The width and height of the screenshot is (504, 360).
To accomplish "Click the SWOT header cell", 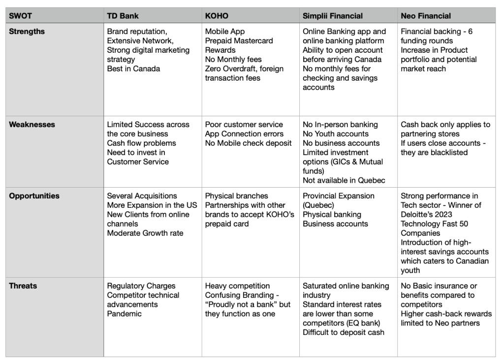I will pyautogui.click(x=20, y=16).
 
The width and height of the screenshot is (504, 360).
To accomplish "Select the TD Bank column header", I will pyautogui.click(x=123, y=16).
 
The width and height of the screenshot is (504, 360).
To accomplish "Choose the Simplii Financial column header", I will pyautogui.click(x=333, y=16).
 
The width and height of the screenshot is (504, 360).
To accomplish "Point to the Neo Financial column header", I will pyautogui.click(x=426, y=16).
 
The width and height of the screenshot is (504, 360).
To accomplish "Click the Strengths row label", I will pyautogui.click(x=27, y=32).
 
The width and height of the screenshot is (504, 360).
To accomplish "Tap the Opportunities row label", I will pyautogui.click(x=34, y=196).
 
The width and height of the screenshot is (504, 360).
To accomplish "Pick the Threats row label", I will pyautogui.click(x=23, y=286).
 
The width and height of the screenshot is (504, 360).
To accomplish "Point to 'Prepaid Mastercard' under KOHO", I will pyautogui.click(x=239, y=41).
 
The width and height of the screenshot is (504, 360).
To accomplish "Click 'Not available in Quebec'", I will pyautogui.click(x=344, y=181).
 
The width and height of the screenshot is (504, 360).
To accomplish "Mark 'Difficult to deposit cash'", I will pyautogui.click(x=344, y=332).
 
